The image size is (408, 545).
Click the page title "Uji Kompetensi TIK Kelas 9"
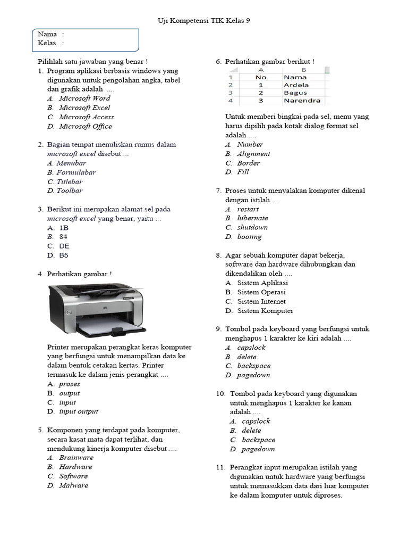(203, 20)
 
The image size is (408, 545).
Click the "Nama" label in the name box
(47, 34)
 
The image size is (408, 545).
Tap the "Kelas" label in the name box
(47, 43)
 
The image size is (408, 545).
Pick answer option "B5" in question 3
(64, 255)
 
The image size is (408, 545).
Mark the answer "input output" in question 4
(79, 411)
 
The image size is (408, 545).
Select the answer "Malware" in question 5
(74, 485)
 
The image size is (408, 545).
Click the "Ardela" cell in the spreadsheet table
(296, 85)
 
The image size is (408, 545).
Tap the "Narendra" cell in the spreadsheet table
(302, 100)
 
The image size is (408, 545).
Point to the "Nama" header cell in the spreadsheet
(295, 77)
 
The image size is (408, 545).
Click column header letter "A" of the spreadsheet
(260, 70)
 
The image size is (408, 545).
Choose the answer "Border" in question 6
(249, 163)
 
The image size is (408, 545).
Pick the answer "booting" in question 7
(249, 237)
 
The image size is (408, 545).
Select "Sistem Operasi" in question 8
(261, 292)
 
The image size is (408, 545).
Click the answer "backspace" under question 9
(254, 366)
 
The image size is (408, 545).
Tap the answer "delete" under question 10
(251, 431)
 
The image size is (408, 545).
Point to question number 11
(220, 467)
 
